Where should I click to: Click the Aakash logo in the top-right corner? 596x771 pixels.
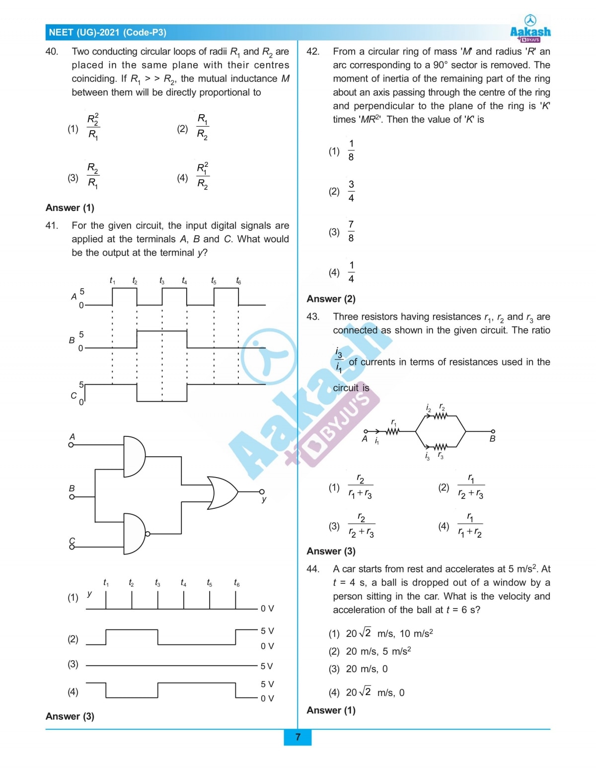[530, 29]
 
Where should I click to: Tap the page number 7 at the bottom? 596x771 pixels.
[298, 737]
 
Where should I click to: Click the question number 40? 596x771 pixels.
[52, 52]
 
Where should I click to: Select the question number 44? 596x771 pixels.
[313, 569]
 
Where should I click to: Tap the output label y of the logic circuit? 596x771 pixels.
[264, 499]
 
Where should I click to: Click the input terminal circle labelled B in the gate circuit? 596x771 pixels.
[71, 496]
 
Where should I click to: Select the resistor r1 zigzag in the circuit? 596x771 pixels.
[392, 431]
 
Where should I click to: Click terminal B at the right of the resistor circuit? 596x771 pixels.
[493, 432]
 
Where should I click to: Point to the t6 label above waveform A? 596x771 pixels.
[238, 281]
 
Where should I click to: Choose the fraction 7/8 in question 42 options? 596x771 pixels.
[351, 231]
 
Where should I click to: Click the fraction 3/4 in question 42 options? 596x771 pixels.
[351, 191]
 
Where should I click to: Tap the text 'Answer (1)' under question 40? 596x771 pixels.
[70, 208]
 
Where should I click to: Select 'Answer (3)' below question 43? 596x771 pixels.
[331, 551]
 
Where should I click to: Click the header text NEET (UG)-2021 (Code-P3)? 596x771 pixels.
[107, 33]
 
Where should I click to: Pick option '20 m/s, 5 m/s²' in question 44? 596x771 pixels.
[378, 651]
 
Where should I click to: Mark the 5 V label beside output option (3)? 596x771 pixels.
[267, 666]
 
